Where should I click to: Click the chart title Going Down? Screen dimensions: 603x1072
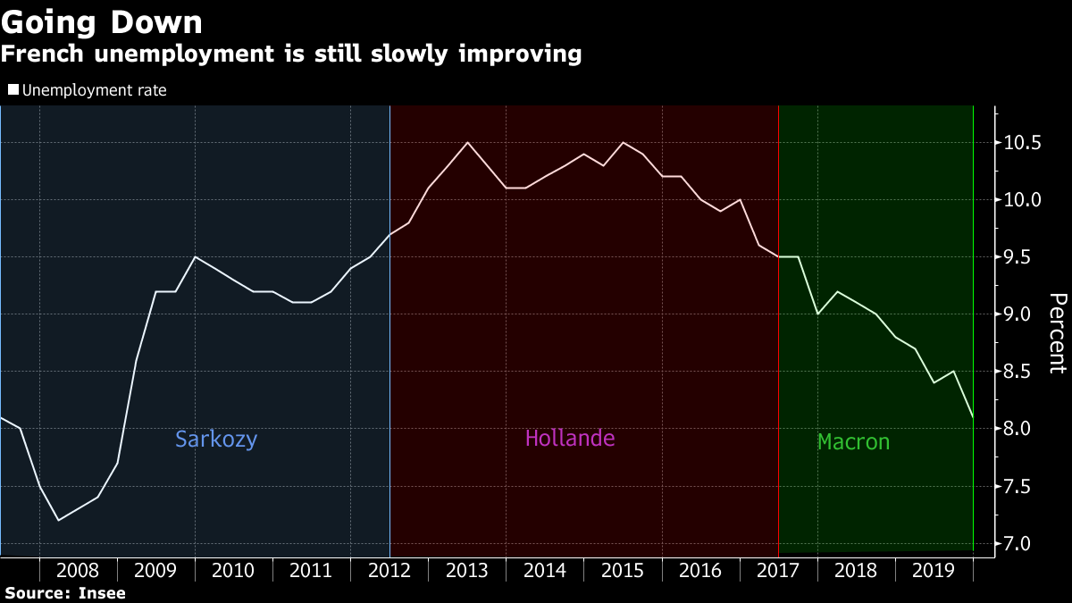point(102,21)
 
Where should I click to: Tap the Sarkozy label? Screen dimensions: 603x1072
point(216,439)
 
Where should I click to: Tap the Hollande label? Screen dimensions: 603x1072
point(570,439)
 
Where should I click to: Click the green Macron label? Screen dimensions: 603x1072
point(853,441)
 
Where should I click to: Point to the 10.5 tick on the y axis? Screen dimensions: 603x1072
point(1022,143)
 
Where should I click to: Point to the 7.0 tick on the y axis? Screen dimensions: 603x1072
point(1022,543)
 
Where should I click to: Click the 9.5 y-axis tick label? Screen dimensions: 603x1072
point(1022,257)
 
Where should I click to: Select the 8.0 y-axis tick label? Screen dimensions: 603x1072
point(1022,429)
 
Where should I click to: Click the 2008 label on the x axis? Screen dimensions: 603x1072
point(78,570)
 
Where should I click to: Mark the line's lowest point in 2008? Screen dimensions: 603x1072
point(59,520)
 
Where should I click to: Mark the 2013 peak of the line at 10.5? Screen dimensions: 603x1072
point(467,142)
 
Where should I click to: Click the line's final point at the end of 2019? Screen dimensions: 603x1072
point(972,417)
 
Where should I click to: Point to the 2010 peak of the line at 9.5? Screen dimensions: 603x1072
point(195,256)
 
